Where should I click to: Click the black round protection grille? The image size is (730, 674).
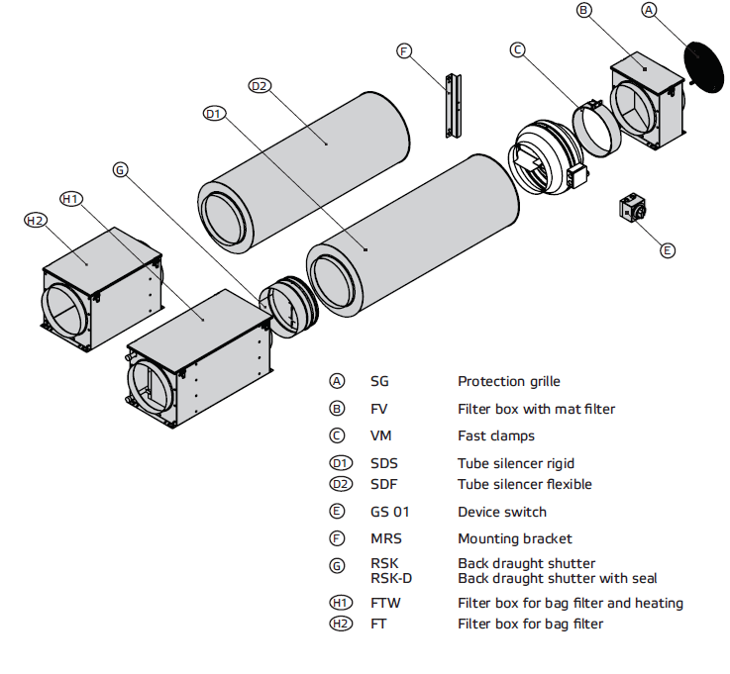coord(703,67)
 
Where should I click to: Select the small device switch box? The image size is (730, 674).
coord(632,209)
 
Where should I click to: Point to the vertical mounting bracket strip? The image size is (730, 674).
coord(458,105)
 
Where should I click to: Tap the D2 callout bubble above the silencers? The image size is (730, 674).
coord(260,86)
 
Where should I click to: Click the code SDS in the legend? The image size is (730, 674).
coord(384,463)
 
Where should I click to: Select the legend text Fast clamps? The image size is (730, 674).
coord(495,435)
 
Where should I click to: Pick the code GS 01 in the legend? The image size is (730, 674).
coord(389,512)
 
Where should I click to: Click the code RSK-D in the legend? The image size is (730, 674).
coord(390,578)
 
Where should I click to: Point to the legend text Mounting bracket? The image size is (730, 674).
coord(514,538)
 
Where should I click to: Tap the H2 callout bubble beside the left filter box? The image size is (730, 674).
coord(36,220)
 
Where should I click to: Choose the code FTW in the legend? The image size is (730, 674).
coord(385,603)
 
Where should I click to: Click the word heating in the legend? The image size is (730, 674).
coord(659,603)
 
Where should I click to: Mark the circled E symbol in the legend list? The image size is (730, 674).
coord(339,512)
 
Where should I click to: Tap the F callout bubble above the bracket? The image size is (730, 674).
coord(403,50)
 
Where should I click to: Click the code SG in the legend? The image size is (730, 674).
coord(379,381)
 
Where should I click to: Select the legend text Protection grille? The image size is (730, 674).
coord(508,381)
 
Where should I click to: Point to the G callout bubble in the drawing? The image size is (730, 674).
coord(120,170)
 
